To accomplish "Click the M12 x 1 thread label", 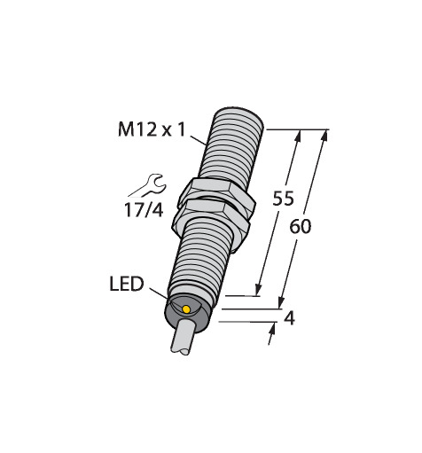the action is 152,129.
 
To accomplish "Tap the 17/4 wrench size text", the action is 144,210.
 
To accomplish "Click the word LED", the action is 127,284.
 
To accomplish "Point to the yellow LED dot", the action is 186,309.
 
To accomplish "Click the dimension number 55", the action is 283,199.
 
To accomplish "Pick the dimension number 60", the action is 301,227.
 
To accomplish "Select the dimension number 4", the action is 289,319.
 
